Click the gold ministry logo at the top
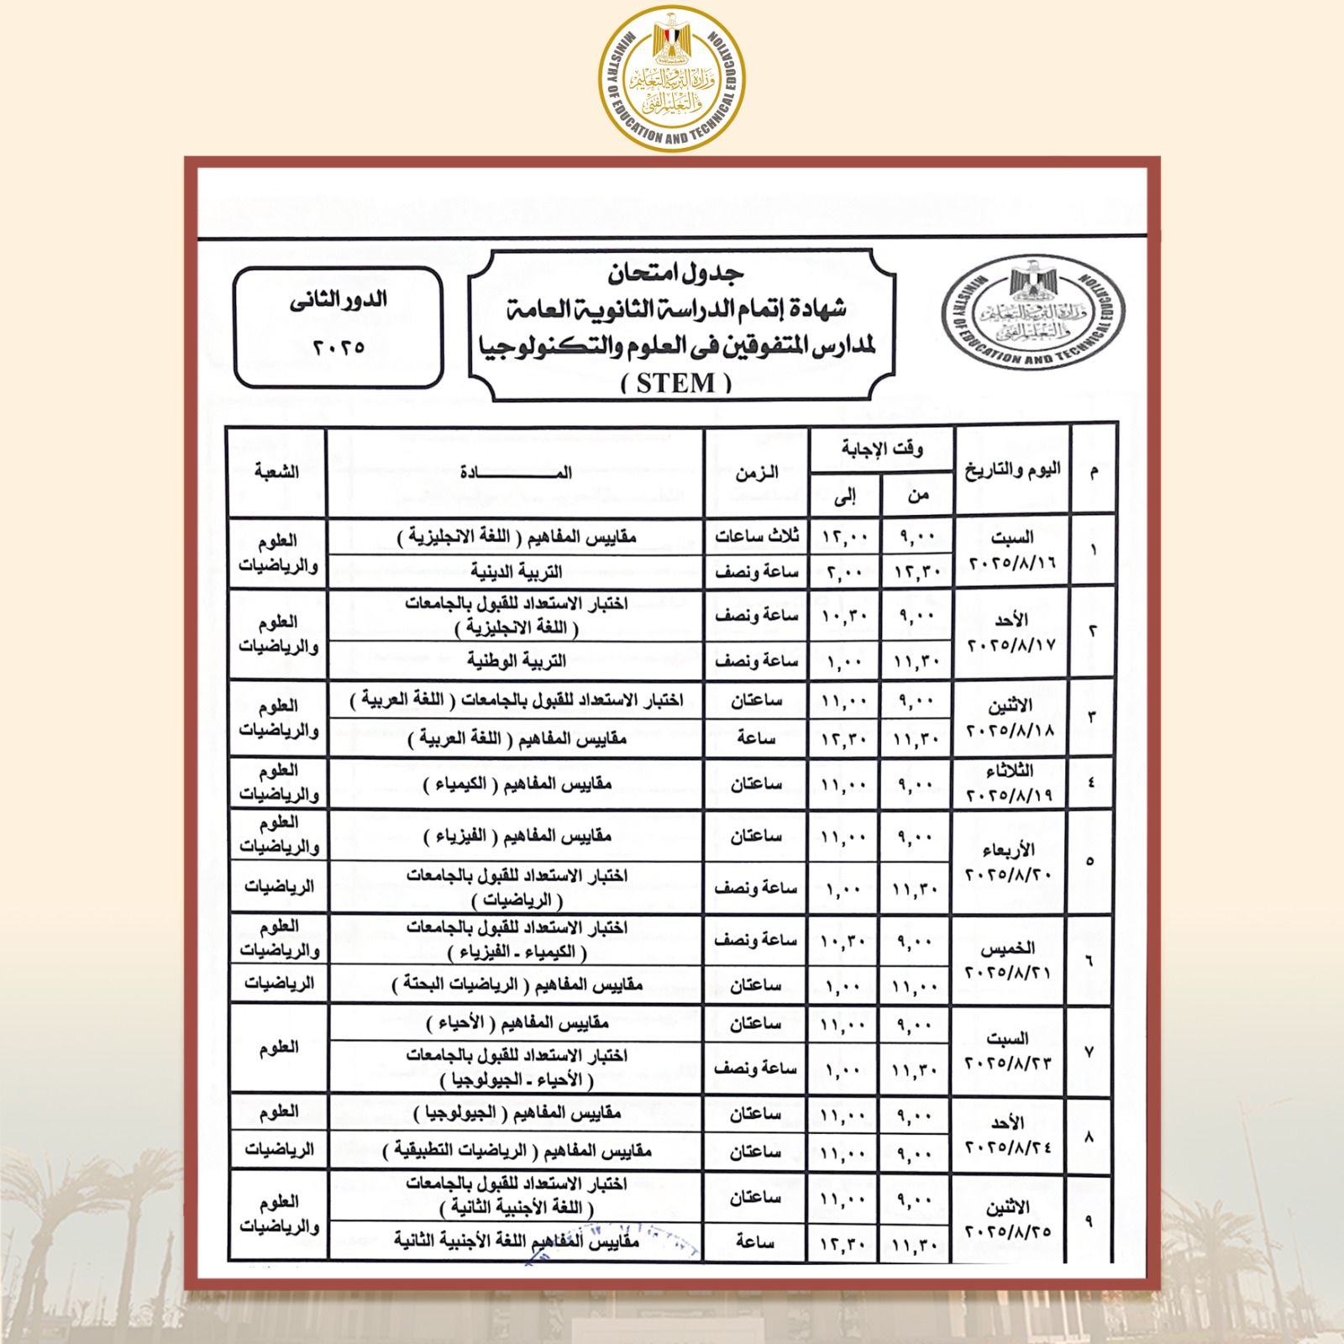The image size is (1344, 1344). (x=672, y=79)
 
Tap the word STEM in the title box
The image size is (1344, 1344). (x=676, y=384)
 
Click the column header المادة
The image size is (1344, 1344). (x=515, y=472)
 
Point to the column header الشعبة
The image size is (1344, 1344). (x=277, y=472)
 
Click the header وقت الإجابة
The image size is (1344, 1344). (x=881, y=449)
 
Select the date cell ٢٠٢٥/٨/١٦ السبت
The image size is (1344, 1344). (x=1011, y=549)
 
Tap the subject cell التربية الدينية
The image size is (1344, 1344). (x=515, y=572)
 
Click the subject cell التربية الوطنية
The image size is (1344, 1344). (x=515, y=661)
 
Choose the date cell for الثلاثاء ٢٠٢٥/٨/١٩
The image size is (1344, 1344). (x=1011, y=782)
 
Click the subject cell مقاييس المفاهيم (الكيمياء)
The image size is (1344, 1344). (x=515, y=784)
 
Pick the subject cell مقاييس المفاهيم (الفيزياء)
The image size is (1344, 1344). (x=515, y=836)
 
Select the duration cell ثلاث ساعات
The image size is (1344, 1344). (x=756, y=535)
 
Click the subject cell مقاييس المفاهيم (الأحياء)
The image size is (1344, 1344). (x=515, y=1023)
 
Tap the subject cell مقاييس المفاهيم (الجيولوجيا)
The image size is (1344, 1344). (x=515, y=1114)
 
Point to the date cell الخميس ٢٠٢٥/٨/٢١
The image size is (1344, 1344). (x=1011, y=959)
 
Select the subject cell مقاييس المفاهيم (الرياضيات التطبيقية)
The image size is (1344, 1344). (x=515, y=1150)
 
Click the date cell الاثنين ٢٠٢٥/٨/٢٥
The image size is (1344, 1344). (x=1011, y=1219)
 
